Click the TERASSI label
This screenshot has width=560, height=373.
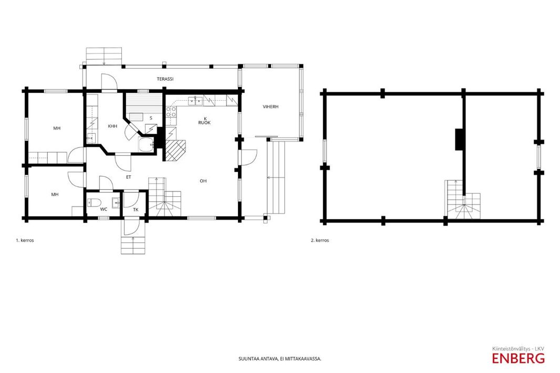tap(165, 79)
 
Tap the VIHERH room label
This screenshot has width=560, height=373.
tap(271, 106)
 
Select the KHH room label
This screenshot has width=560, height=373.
tap(112, 126)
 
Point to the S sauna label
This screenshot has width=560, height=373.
tap(151, 118)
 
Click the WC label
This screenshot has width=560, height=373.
tap(103, 209)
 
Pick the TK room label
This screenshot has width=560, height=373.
tap(136, 210)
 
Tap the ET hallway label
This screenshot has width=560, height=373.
tap(129, 177)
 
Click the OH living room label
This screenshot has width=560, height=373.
tap(203, 181)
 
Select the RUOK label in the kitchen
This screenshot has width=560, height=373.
tap(205, 123)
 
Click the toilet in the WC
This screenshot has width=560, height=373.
tap(94, 203)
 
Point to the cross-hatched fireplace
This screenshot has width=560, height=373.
tap(175, 150)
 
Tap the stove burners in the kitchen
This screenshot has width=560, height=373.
tap(170, 112)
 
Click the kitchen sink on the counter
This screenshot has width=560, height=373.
tap(196, 101)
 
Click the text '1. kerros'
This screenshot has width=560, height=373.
tap(25, 240)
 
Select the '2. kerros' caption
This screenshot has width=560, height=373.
tap(320, 240)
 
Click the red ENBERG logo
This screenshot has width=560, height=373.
tap(518, 358)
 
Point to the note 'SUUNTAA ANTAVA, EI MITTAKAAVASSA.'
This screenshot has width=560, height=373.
tap(280, 359)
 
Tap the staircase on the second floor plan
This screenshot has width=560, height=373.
tap(462, 200)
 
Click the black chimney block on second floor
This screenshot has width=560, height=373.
tap(459, 139)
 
